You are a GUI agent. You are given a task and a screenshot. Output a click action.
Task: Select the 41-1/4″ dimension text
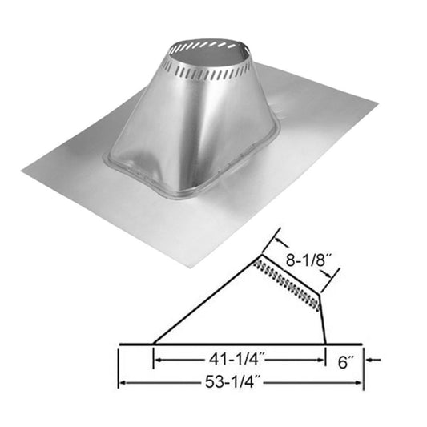tap(238, 361)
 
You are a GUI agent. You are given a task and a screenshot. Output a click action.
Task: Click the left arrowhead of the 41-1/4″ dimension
tap(157, 361)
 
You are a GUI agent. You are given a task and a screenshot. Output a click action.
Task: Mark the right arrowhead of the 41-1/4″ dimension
tap(322, 361)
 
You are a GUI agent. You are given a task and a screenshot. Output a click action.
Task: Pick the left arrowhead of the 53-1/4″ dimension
tap(123, 383)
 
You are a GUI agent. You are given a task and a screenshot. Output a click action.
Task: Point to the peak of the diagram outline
tap(258, 258)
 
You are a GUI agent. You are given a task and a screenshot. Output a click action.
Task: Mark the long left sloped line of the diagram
tap(204, 302)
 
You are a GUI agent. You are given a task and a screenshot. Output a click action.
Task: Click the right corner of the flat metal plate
tap(377, 103)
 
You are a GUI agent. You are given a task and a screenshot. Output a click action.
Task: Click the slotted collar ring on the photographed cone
tap(210, 68)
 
